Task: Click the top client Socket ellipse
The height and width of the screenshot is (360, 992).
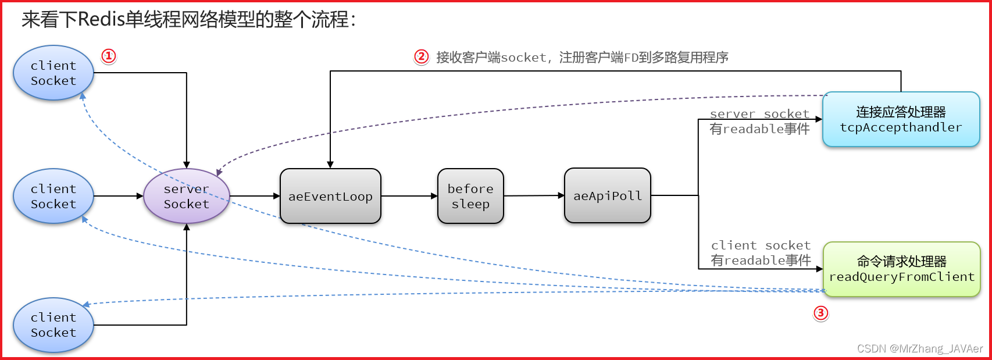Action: click(x=53, y=73)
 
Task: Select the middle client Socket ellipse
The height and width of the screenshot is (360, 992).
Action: click(x=53, y=197)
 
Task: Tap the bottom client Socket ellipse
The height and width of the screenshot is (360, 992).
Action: click(x=53, y=325)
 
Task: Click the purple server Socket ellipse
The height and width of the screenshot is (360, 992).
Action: click(x=186, y=197)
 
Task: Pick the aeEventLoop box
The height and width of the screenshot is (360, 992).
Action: click(x=330, y=197)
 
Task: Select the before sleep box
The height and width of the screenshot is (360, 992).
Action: click(x=470, y=197)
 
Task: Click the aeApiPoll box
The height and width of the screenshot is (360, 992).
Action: click(x=607, y=196)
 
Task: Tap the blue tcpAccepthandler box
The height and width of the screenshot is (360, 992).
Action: click(x=901, y=119)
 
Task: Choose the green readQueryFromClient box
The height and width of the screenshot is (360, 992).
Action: click(x=901, y=269)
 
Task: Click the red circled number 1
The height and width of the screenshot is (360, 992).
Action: click(x=109, y=56)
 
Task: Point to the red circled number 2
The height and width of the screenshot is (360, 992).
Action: click(x=421, y=56)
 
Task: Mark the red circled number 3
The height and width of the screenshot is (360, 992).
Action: click(x=820, y=313)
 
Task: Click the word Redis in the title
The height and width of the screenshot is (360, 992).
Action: click(x=101, y=19)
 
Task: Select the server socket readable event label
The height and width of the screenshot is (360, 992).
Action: click(x=759, y=122)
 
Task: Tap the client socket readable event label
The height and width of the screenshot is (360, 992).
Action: click(x=761, y=253)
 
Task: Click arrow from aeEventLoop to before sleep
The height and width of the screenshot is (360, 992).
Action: click(x=409, y=197)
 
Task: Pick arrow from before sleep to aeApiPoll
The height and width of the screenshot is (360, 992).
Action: click(x=533, y=196)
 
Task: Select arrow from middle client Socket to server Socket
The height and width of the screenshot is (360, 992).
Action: click(x=118, y=197)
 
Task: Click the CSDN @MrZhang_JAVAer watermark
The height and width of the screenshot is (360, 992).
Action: click(x=919, y=348)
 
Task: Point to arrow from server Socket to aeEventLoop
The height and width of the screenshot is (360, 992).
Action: click(x=255, y=197)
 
